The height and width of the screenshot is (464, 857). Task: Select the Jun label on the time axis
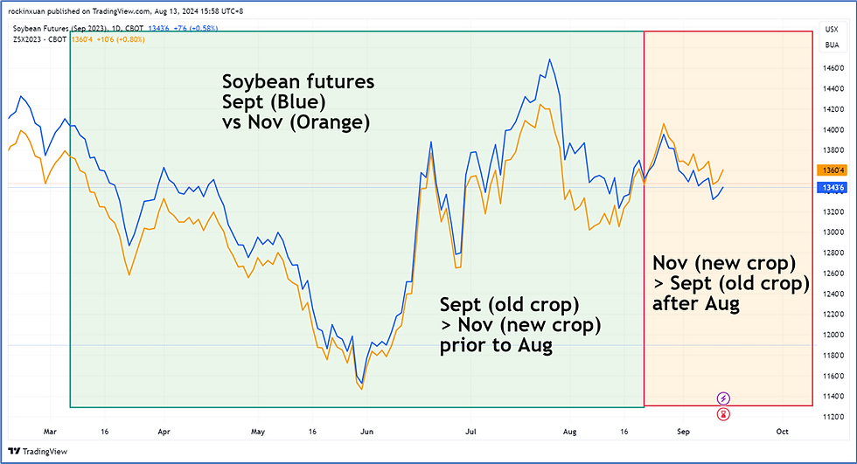pyautogui.click(x=367, y=431)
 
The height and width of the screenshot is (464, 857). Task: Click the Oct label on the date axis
pyautogui.click(x=782, y=431)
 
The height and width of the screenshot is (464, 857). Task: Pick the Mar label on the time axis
pyautogui.click(x=51, y=431)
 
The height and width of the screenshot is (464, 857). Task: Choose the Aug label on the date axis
pyautogui.click(x=570, y=431)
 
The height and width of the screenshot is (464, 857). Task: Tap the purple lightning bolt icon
pyautogui.click(x=724, y=398)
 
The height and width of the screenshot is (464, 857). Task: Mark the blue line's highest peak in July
pyautogui.click(x=549, y=59)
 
